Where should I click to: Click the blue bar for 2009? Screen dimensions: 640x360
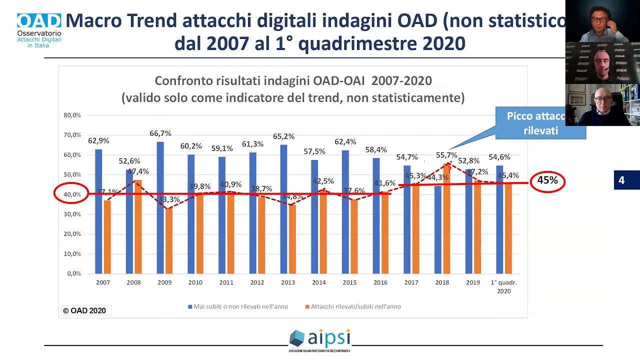pos(160,207)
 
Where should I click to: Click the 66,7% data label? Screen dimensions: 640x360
pos(160,133)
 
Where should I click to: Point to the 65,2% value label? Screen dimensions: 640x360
pos(283,136)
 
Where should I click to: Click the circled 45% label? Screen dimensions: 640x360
pos(547,180)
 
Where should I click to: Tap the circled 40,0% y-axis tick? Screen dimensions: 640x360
pos(71,194)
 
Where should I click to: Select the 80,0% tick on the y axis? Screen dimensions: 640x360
pos(72,115)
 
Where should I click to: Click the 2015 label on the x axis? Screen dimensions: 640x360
pos(349,282)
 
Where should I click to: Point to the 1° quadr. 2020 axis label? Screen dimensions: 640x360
pos(503,286)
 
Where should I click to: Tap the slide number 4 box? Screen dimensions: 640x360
pos(621,180)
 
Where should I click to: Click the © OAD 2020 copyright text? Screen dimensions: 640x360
pos(84,310)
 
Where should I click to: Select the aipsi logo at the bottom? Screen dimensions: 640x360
pos(320,339)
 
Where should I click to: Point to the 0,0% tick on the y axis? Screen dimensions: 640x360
pos(73,273)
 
